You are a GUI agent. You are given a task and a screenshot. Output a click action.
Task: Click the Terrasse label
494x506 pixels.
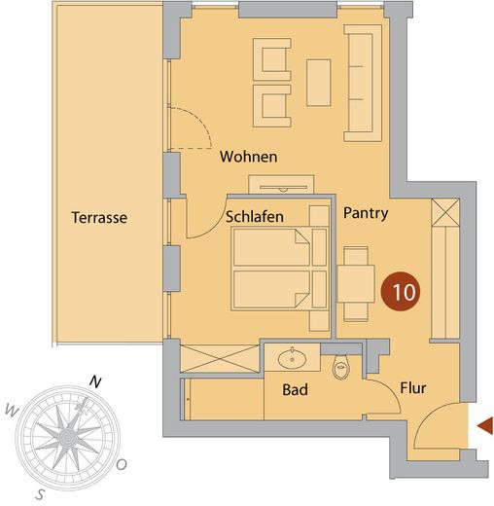click(x=99, y=217)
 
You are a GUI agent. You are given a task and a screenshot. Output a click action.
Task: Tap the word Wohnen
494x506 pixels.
click(x=249, y=157)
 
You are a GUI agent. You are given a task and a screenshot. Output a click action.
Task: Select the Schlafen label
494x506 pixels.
click(x=255, y=217)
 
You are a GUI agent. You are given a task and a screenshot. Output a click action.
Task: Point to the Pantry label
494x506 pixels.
click(x=366, y=213)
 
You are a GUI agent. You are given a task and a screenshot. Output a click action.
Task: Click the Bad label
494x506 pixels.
click(x=295, y=389)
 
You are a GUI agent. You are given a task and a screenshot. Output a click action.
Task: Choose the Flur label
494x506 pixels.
click(x=413, y=388)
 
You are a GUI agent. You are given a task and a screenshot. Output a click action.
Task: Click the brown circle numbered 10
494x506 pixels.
click(x=401, y=291)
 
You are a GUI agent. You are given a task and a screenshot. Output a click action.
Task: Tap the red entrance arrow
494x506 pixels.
click(x=485, y=426)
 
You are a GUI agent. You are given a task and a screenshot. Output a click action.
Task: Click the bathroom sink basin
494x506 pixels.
click(x=292, y=359)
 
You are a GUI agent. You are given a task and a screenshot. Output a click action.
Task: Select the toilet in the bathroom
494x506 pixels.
click(x=340, y=367)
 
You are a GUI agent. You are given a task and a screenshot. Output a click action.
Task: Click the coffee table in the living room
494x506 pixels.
click(x=319, y=83)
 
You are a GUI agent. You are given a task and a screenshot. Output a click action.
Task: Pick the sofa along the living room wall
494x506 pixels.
click(x=363, y=83)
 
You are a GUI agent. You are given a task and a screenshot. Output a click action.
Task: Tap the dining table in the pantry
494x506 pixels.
click(x=356, y=284)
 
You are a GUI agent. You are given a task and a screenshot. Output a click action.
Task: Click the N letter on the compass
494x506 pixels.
click(x=95, y=382)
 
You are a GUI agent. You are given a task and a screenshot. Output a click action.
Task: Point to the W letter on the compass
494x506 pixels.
click(x=12, y=411)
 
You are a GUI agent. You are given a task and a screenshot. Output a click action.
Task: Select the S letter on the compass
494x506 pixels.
click(x=40, y=494)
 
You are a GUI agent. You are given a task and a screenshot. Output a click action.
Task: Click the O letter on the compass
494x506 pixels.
click(x=122, y=465)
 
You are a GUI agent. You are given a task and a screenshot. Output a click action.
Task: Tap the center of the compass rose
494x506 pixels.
click(x=68, y=438)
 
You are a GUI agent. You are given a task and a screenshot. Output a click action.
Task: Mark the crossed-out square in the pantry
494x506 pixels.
click(x=445, y=212)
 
